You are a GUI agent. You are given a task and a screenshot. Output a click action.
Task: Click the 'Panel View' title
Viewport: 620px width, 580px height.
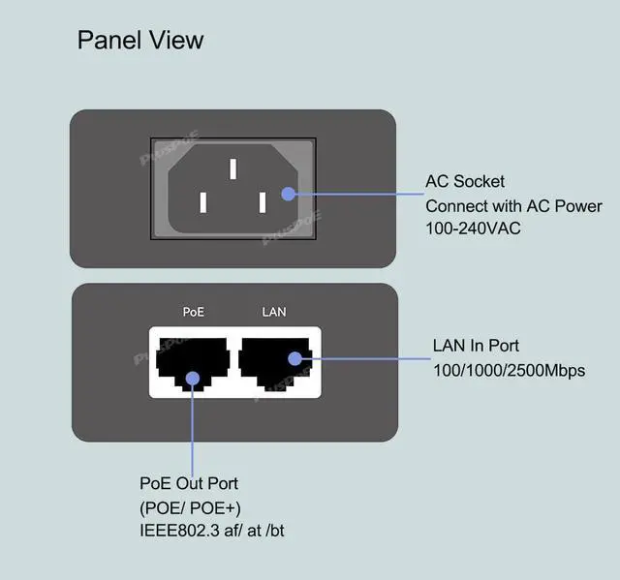(x=140, y=40)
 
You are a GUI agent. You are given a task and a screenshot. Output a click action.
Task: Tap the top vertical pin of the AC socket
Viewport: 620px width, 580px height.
(x=232, y=168)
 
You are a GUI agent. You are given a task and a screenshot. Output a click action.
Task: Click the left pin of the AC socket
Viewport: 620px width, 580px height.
(x=202, y=202)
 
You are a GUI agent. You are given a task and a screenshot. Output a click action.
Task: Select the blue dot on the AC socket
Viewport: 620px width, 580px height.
(x=288, y=193)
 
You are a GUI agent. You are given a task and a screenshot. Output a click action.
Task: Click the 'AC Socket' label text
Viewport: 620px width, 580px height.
(x=465, y=181)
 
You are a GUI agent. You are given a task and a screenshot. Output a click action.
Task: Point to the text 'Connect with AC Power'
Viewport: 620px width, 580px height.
(x=513, y=205)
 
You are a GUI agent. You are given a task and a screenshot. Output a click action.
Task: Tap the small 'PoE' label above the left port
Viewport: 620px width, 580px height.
(x=194, y=313)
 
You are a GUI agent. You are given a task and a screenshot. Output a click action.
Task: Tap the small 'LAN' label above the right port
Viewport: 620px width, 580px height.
(x=274, y=313)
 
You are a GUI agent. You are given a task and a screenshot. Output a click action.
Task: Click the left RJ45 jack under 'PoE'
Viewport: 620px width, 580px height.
(x=191, y=362)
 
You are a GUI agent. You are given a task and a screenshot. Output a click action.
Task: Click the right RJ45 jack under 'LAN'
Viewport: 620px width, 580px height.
(x=275, y=362)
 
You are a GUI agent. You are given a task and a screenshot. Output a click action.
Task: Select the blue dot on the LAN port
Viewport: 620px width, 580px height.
(x=294, y=357)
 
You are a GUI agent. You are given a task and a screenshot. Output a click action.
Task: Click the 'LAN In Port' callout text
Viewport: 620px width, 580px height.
(x=476, y=346)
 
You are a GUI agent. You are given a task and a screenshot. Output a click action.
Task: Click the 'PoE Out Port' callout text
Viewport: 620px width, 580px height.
(x=189, y=483)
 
